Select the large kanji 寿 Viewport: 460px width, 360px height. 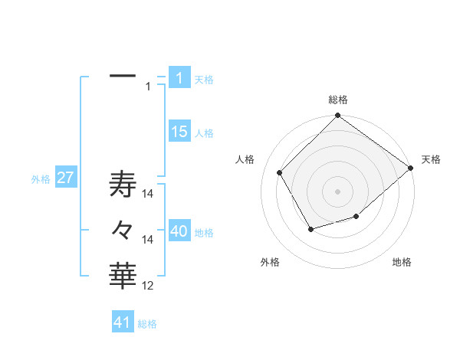(x=123, y=186)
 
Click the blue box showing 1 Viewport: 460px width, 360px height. (x=179, y=78)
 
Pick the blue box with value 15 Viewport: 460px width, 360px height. (x=179, y=132)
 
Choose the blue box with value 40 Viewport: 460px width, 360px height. (x=179, y=231)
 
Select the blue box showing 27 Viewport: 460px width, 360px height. (x=65, y=178)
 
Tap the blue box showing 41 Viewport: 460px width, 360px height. (x=123, y=322)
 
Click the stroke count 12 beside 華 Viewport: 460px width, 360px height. (x=148, y=286)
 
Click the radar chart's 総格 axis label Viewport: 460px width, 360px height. (x=338, y=100)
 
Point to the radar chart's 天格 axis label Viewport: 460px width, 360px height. (x=431, y=160)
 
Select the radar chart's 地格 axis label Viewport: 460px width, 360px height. (x=402, y=263)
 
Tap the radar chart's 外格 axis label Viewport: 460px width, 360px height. (x=270, y=263)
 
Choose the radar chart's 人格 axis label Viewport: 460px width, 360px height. (x=245, y=160)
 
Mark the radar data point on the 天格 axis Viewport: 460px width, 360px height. (x=411, y=168)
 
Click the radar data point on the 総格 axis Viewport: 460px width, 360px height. (x=338, y=116)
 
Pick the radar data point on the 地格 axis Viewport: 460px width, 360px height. (x=356, y=217)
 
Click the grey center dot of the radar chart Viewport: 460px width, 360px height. (x=338, y=191)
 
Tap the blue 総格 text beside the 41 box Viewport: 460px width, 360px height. (x=147, y=324)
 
